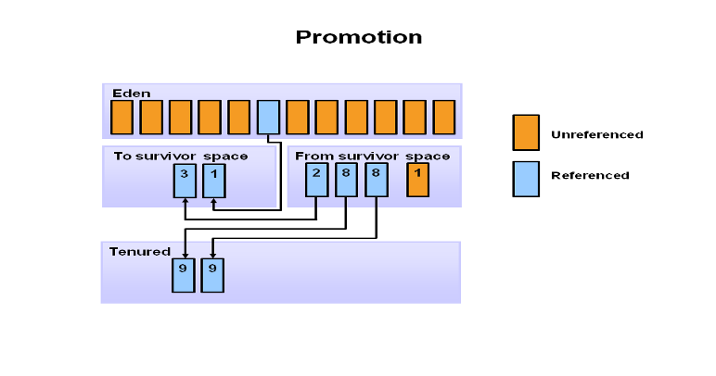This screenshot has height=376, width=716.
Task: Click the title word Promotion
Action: coord(358,38)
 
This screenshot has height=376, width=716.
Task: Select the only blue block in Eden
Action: coord(268,118)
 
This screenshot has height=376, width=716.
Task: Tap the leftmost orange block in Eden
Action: coord(121,118)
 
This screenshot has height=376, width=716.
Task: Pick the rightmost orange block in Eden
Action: coord(444,118)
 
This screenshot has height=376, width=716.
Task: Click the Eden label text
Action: coord(131,94)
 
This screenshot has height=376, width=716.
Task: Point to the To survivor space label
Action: coord(180,156)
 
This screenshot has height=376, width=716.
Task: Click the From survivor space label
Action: coord(372,156)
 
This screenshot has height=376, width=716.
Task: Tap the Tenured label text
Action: coord(140,251)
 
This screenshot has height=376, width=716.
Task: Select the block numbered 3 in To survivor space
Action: coord(185,181)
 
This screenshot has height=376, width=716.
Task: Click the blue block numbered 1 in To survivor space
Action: coord(214,181)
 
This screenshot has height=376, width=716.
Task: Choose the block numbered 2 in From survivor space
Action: coord(316,181)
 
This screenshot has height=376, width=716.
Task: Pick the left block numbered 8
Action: coord(346,181)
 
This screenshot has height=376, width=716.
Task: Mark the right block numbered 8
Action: coord(376,181)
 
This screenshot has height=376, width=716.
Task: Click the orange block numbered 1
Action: coord(418,181)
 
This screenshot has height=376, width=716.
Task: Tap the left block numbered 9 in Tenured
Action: coord(184,275)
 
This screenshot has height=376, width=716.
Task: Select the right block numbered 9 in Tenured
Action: coord(213,275)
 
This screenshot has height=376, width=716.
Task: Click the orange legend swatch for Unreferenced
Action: coord(526,132)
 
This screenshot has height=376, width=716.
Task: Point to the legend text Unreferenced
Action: coord(596,135)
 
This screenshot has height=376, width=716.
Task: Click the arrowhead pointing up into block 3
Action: coord(185,202)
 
